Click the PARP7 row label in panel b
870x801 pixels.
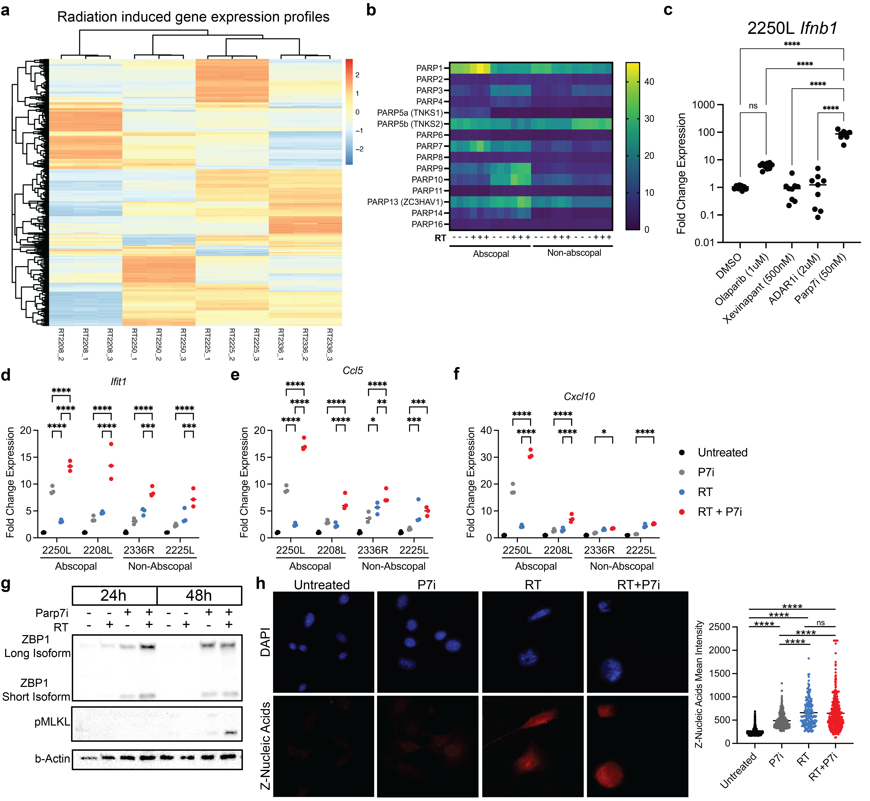[429, 146]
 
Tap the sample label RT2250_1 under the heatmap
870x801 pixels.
[134, 345]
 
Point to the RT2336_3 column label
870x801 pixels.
[330, 345]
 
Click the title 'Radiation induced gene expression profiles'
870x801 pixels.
[193, 17]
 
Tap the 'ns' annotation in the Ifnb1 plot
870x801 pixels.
[753, 106]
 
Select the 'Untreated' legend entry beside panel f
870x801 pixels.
[722, 453]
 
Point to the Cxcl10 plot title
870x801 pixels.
[579, 397]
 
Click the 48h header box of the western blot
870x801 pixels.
[199, 596]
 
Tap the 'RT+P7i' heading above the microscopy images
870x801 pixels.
[638, 585]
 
